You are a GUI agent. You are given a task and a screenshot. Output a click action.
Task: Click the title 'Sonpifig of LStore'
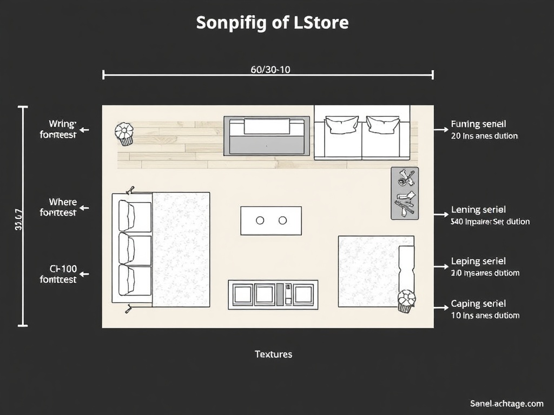pyautogui.click(x=272, y=23)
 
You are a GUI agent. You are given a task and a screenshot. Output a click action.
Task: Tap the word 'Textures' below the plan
pyautogui.click(x=273, y=354)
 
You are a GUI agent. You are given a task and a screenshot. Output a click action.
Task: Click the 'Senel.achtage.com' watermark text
pyautogui.click(x=506, y=403)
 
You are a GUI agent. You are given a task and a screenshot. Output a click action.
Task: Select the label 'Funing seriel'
pyautogui.click(x=478, y=125)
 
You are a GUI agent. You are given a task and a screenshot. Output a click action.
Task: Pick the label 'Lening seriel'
pyautogui.click(x=478, y=210)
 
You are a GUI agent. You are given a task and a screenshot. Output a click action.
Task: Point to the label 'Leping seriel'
pyautogui.click(x=478, y=262)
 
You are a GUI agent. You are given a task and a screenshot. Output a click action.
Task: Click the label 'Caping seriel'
pyautogui.click(x=478, y=304)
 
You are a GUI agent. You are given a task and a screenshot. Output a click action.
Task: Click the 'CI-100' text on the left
pyautogui.click(x=63, y=269)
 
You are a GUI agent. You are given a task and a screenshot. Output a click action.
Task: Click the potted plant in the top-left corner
pyautogui.click(x=124, y=133)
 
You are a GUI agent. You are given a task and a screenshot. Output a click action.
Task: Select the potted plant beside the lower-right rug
pyautogui.click(x=406, y=301)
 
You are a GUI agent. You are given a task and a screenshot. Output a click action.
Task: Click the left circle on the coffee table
pyautogui.click(x=260, y=220)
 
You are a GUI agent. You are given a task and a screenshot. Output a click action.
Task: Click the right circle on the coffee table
pyautogui.click(x=282, y=220)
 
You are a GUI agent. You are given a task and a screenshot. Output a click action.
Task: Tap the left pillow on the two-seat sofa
pyautogui.click(x=342, y=125)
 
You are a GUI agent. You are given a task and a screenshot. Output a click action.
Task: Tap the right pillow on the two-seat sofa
pyautogui.click(x=383, y=125)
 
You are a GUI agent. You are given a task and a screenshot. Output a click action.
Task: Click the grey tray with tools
pyautogui.click(x=405, y=193)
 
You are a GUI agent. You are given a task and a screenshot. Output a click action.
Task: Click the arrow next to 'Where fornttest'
pyautogui.click(x=84, y=208)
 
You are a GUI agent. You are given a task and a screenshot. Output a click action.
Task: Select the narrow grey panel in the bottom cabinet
pyautogui.click(x=280, y=294)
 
